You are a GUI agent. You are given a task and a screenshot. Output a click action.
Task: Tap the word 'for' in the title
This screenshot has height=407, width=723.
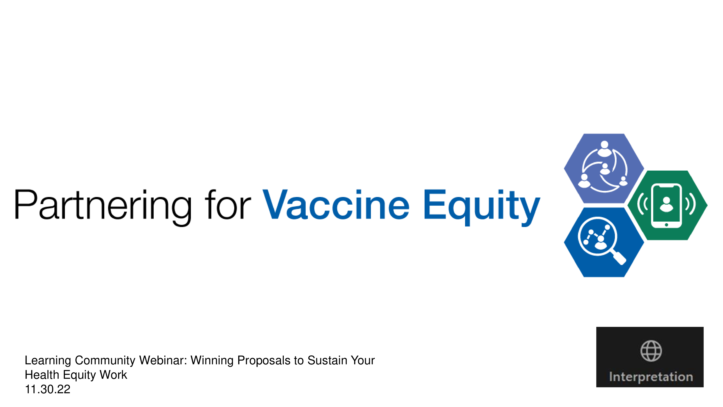point(228,204)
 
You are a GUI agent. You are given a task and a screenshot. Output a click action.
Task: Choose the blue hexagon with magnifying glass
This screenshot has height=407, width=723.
point(604,242)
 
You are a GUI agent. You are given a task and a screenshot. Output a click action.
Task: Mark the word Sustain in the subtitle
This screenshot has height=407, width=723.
point(327,360)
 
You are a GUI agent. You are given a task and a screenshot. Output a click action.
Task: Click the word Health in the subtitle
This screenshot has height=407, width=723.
point(42,375)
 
